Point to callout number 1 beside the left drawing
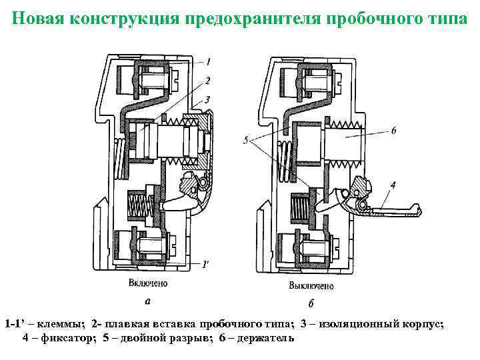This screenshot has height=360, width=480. (x=209, y=62)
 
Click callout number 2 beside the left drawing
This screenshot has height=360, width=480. (x=209, y=81)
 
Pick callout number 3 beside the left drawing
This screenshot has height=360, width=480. (x=209, y=99)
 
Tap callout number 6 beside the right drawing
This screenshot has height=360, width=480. (x=393, y=131)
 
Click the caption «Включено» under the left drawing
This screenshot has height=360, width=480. (x=148, y=283)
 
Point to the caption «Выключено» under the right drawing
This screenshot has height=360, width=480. (x=311, y=286)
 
